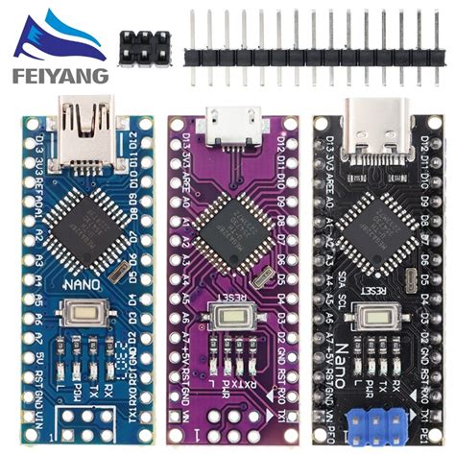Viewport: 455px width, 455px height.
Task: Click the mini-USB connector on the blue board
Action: tap(85, 119)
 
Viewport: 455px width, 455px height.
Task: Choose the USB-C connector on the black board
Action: tap(371, 120)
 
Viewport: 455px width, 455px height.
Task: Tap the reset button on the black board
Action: tap(371, 317)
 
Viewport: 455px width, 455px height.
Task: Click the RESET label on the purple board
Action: tap(230, 297)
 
